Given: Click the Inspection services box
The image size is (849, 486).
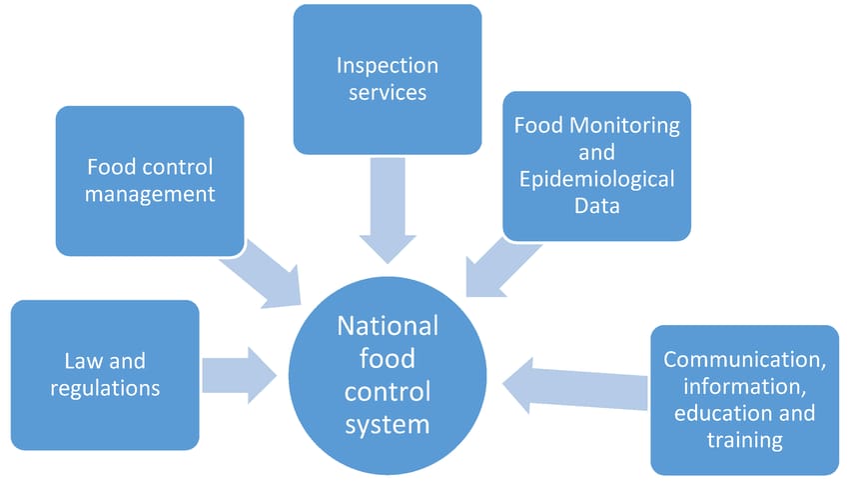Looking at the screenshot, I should pyautogui.click(x=387, y=78).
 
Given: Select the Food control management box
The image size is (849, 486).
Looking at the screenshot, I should pyautogui.click(x=150, y=180).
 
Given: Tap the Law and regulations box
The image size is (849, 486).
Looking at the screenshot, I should pyautogui.click(x=105, y=373).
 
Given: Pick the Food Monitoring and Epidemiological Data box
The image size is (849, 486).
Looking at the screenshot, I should pyautogui.click(x=596, y=166).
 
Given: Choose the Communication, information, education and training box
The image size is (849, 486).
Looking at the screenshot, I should pyautogui.click(x=744, y=399).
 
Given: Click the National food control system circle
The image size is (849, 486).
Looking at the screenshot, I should pyautogui.click(x=388, y=375).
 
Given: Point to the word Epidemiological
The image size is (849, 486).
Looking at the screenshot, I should pyautogui.click(x=596, y=180).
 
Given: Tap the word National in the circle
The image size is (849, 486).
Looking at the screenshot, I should pyautogui.click(x=388, y=326).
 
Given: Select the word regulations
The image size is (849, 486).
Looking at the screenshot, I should pyautogui.click(x=105, y=387).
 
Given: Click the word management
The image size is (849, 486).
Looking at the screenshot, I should pyautogui.click(x=150, y=193).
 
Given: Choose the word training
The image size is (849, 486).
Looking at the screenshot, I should pyautogui.click(x=744, y=439).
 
